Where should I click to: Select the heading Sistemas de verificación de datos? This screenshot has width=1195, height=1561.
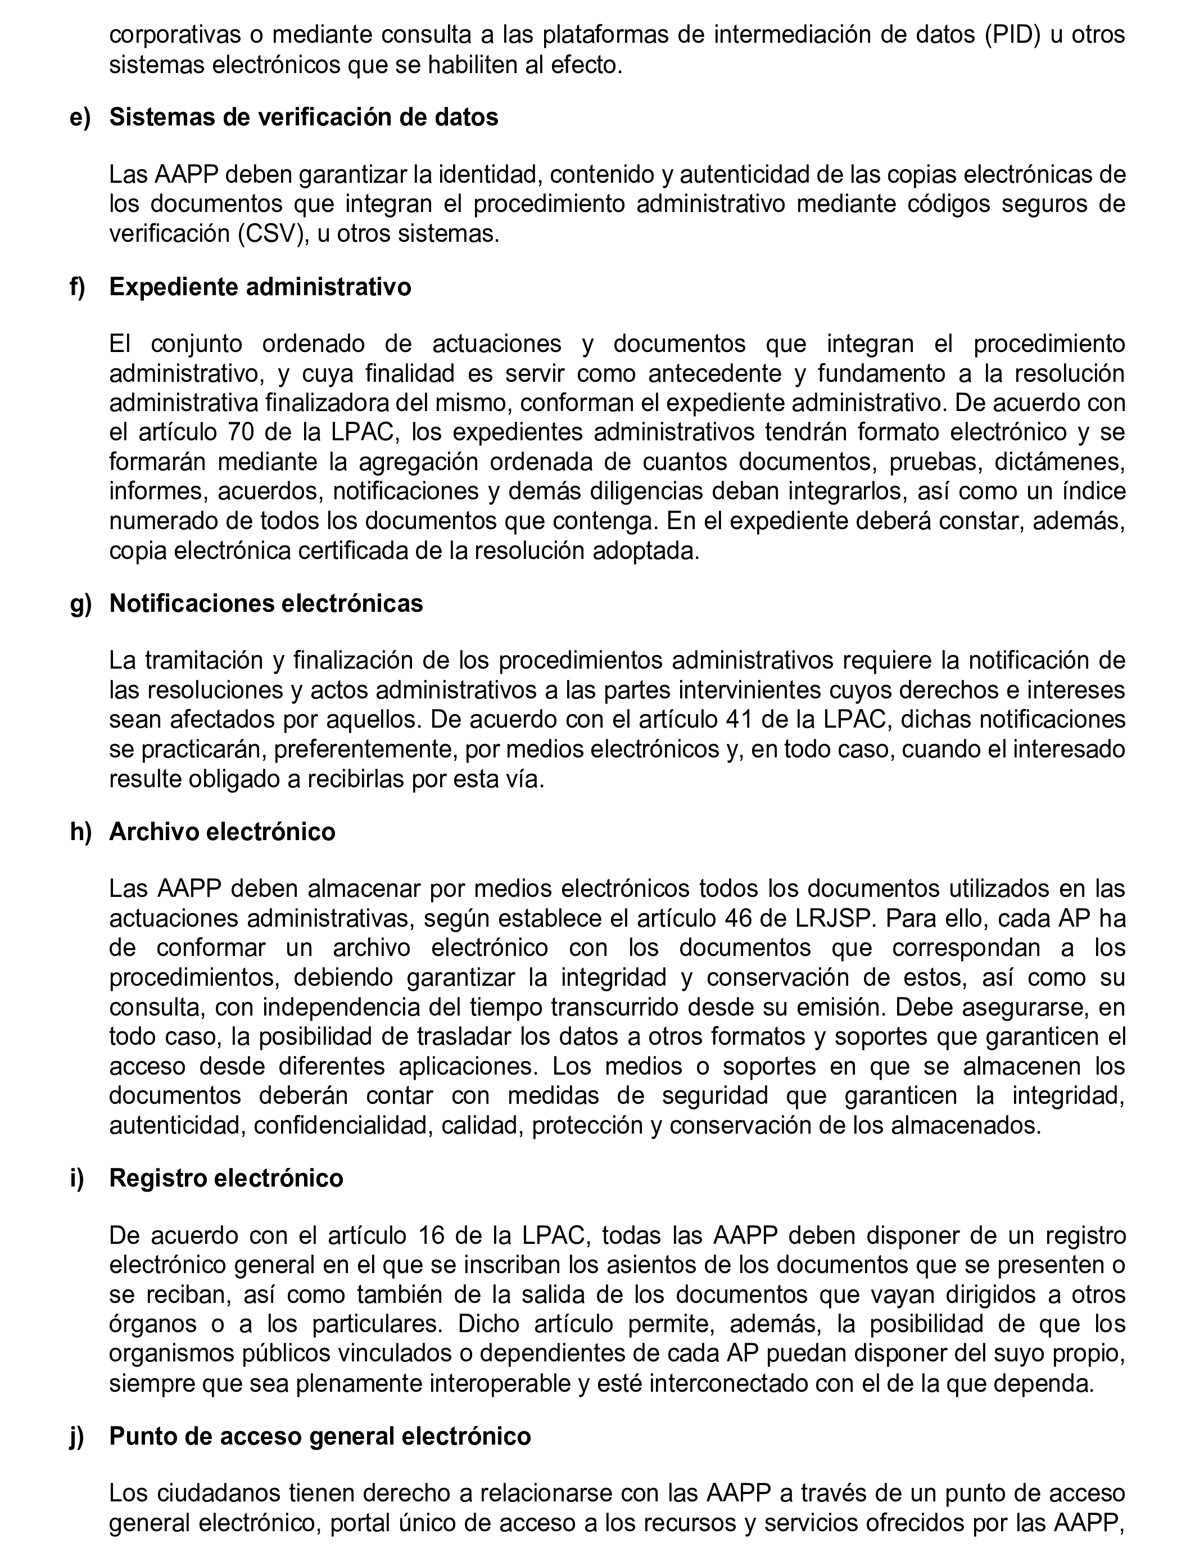tap(304, 118)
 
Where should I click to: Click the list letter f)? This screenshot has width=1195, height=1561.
tap(78, 287)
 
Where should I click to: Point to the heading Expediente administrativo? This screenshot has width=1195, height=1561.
tap(260, 287)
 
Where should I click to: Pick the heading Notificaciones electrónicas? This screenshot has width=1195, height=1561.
tap(266, 604)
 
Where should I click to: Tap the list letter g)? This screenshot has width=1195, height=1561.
tap(80, 604)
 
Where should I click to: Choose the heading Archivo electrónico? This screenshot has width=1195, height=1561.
tap(222, 832)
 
